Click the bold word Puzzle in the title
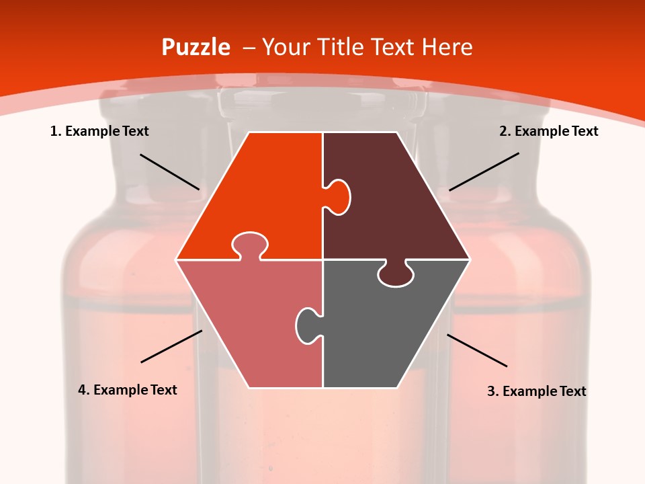click(196, 48)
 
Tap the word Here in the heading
click(447, 48)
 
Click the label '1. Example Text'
click(99, 131)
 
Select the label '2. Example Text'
click(548, 131)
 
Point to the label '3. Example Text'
click(536, 391)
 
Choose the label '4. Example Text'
click(128, 390)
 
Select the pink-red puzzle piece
click(249, 316)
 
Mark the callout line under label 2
click(484, 171)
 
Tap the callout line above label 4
click(171, 346)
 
